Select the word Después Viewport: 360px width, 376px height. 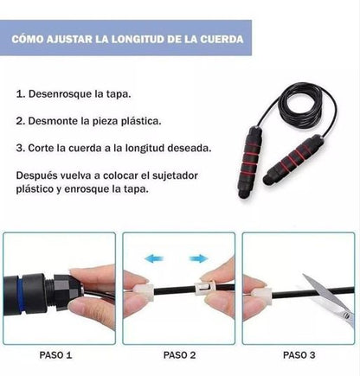coord(40,175)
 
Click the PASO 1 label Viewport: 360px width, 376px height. coord(56,354)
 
